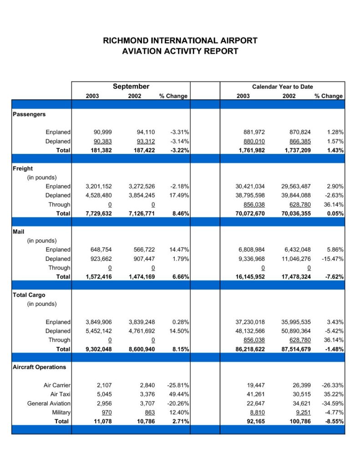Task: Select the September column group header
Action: tap(131, 86)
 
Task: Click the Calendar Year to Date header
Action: tap(283, 87)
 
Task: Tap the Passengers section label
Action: tap(29, 114)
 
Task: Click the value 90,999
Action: tap(102, 132)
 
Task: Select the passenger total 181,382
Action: tap(101, 150)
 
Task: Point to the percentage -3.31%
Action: tap(180, 132)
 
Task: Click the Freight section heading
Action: tap(23, 168)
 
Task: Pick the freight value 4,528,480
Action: tap(99, 195)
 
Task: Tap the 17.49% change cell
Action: tap(179, 195)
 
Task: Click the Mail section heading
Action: tap(18, 232)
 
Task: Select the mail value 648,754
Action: tap(101, 250)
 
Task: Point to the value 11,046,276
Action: tap(296, 259)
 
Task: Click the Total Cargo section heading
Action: tap(29, 295)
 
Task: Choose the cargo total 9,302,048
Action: tap(99, 349)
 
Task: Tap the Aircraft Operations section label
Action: tap(39, 367)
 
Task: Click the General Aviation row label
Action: tap(49, 403)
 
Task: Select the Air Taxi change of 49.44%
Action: tap(179, 394)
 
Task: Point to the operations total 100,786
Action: tap(300, 421)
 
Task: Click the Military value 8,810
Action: tap(257, 412)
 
